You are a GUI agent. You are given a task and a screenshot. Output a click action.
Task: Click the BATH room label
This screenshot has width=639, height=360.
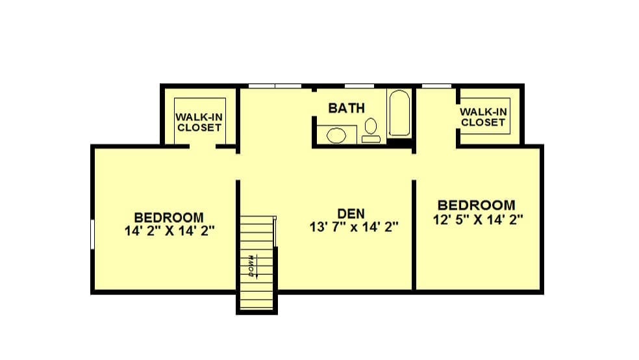(x=346, y=108)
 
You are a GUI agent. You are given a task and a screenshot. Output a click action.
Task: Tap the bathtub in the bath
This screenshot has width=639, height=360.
(x=399, y=113)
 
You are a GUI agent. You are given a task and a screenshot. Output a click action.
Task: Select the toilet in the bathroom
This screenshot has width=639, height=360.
(x=371, y=131)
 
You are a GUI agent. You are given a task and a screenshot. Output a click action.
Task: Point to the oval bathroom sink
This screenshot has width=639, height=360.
(x=336, y=135)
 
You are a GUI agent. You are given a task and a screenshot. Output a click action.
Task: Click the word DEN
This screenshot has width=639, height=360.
(x=351, y=214)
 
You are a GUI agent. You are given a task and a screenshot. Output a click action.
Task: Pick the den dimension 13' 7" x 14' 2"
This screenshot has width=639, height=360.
(x=354, y=227)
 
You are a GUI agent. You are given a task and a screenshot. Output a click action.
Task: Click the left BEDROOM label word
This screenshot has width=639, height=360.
(x=169, y=217)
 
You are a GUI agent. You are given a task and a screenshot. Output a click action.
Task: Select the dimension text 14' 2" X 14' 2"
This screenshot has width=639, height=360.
(x=169, y=231)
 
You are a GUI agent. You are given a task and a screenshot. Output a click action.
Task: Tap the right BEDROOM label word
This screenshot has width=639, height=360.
(x=477, y=205)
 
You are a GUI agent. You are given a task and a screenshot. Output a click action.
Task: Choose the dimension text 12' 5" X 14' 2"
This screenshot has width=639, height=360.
(x=478, y=220)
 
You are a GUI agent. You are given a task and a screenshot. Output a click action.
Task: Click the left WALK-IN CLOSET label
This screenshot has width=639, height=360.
(x=199, y=122)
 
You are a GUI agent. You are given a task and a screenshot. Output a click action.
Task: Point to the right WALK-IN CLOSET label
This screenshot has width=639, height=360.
(x=483, y=117)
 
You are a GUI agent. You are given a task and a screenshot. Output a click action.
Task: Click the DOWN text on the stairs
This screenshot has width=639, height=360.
(x=251, y=266)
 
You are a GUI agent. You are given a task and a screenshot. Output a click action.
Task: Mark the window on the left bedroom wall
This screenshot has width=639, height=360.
(x=92, y=234)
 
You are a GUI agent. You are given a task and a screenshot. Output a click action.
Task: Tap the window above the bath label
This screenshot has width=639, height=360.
(x=360, y=86)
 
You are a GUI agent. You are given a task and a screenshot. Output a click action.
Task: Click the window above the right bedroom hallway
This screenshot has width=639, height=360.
(x=436, y=86)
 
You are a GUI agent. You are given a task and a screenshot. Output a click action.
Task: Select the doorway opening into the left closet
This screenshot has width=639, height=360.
(x=203, y=146)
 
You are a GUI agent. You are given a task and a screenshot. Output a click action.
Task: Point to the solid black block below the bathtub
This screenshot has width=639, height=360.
(x=399, y=142)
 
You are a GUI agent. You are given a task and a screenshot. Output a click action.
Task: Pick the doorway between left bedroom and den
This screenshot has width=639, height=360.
(x=238, y=167)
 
